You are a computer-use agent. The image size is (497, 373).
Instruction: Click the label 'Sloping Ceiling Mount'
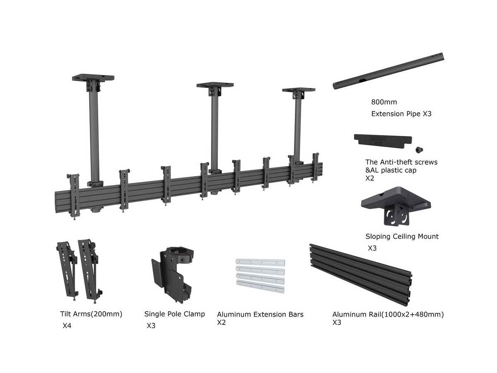[x=402, y=237]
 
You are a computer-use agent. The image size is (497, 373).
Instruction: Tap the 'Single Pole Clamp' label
[x=174, y=314]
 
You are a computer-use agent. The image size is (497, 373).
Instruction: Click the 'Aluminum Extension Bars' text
[x=260, y=315]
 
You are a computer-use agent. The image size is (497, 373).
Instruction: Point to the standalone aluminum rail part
[x=361, y=274]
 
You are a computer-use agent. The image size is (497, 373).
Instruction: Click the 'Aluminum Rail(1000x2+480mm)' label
[x=388, y=315]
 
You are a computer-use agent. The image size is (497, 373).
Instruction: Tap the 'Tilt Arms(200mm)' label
[x=91, y=314]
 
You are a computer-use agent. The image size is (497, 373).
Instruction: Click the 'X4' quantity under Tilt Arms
[x=67, y=326]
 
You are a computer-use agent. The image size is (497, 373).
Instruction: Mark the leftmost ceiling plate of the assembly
[x=93, y=78]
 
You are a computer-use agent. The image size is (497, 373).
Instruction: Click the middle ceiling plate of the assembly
[x=215, y=85]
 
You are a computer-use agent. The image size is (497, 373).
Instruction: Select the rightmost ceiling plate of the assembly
[x=298, y=90]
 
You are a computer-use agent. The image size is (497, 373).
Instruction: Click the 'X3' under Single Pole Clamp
[x=151, y=326]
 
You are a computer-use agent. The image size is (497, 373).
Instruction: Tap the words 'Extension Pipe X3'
[x=401, y=114]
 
